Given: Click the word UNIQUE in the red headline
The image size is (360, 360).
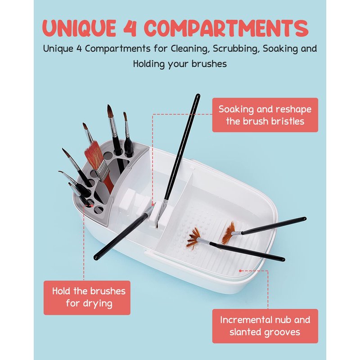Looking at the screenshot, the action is pos(79,28).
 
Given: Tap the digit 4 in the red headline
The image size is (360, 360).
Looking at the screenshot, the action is pos(130,28).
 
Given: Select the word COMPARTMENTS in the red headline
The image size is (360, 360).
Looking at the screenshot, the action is pos(226,28).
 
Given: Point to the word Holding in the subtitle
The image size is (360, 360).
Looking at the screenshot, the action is pos(149,64).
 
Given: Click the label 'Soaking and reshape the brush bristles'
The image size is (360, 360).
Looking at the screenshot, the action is pos(265,115).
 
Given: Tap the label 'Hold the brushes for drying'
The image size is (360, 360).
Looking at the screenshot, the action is pos(87,297).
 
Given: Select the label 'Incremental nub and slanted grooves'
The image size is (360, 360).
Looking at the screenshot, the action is pos(265,326).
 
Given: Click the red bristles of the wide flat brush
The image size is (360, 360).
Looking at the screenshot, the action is pos(94,155).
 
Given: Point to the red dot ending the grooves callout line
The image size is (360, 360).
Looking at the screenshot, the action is pos(240,271).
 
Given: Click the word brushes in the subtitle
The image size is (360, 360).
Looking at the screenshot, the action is pos(209,64).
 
